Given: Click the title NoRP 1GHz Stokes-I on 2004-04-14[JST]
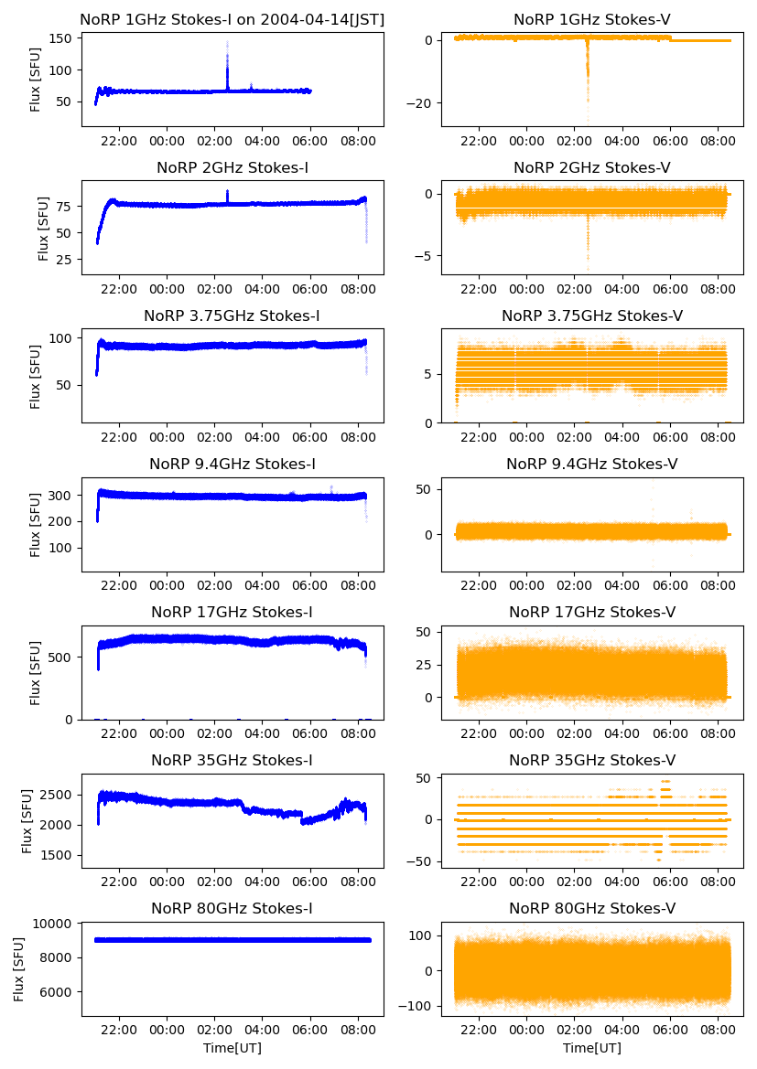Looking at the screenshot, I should [x=232, y=19].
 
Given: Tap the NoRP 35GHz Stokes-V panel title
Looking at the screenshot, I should [x=592, y=760].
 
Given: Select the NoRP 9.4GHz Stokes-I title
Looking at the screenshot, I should [x=232, y=464].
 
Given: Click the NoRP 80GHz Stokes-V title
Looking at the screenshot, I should [x=592, y=908].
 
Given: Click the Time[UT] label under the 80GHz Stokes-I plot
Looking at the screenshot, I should [x=232, y=1048].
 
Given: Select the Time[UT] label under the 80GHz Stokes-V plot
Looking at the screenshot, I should [x=592, y=1048].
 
